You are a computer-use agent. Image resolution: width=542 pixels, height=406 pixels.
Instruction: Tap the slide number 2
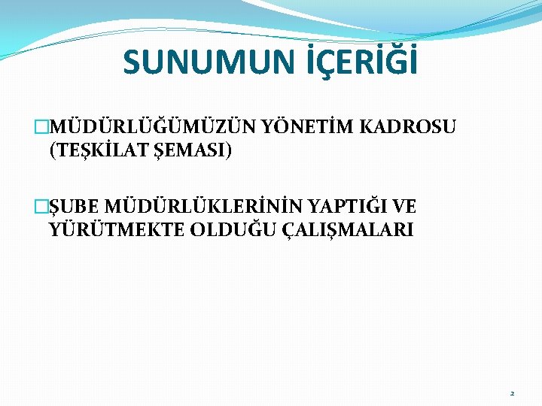512,393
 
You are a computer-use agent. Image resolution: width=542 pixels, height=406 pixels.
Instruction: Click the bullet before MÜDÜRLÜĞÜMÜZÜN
41,127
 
